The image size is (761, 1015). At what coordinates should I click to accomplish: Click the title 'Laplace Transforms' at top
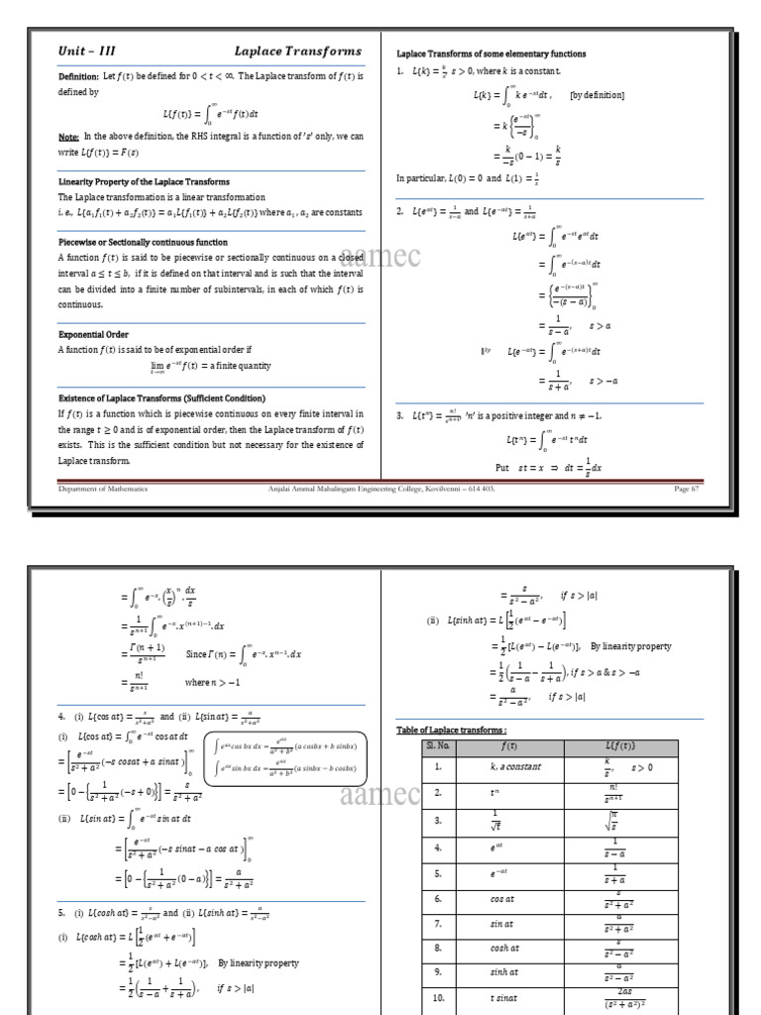point(297,51)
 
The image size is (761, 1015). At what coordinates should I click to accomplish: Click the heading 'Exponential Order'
point(93,335)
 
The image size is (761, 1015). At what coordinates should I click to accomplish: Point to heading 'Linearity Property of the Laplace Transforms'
point(144,182)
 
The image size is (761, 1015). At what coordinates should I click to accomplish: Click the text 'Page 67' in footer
point(687,489)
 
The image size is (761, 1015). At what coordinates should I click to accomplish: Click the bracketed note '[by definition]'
point(597,96)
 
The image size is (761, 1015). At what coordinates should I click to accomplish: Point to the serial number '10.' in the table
point(438,999)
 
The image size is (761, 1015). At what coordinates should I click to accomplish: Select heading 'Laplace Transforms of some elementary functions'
point(491,54)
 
